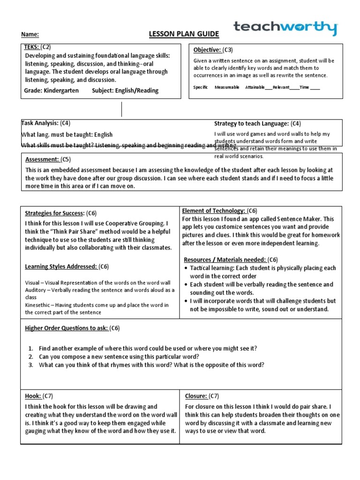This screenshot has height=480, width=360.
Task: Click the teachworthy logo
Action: pos(285,28)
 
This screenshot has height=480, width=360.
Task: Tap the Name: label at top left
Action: pos(30,35)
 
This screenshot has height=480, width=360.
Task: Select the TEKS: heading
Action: pos(32,47)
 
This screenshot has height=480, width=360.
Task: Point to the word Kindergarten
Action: pos(61,90)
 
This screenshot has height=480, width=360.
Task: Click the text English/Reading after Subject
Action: pos(137,90)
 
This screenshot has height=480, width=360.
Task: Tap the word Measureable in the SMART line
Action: pos(227,87)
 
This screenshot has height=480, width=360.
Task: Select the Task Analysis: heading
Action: pos(39,123)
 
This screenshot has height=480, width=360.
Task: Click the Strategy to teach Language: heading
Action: pos(251,124)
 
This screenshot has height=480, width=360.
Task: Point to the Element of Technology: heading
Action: pos(214,211)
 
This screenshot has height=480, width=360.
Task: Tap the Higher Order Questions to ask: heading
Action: pos(66,328)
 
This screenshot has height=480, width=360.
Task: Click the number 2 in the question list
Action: pos(30,357)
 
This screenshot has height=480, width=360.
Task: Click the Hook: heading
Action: pos(33,396)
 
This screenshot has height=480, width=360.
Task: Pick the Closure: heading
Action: pos(196,396)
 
